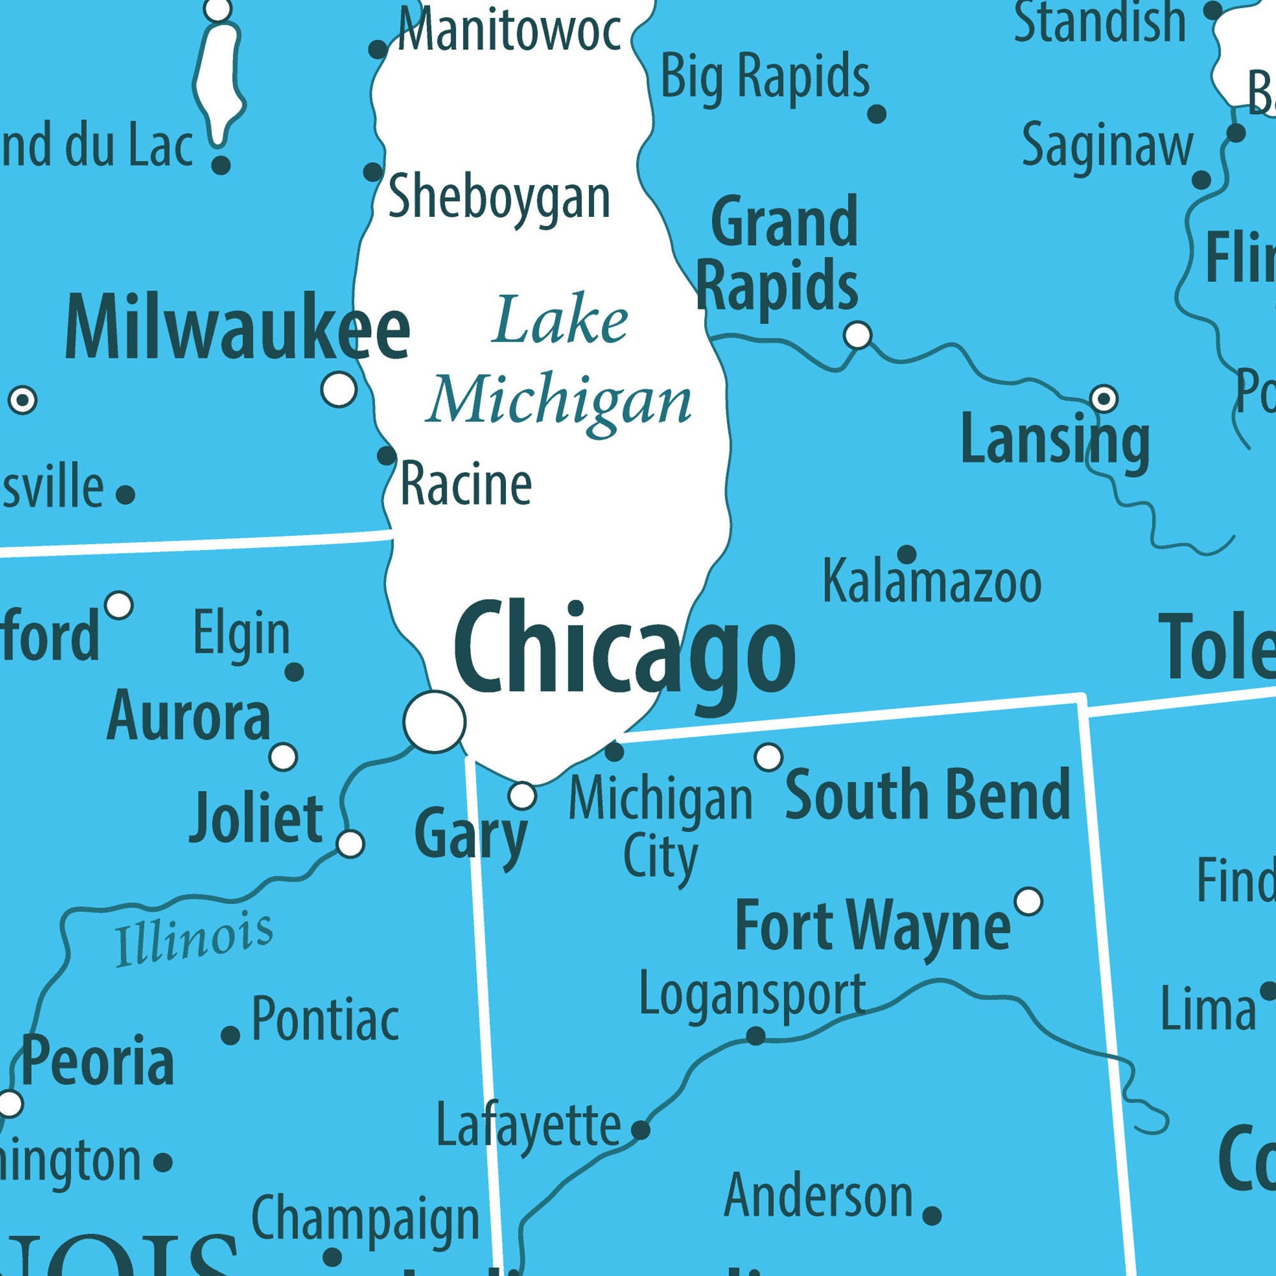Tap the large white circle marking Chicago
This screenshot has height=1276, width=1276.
(434, 721)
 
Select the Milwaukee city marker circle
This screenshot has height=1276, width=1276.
(339, 389)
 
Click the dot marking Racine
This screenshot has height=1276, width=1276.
(387, 455)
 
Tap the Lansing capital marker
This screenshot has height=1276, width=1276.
(1104, 398)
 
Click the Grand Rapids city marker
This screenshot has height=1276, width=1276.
(858, 335)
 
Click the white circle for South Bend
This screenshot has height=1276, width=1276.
(768, 757)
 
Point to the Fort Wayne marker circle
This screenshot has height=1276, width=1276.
(1028, 901)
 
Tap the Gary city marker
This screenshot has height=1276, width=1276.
(523, 796)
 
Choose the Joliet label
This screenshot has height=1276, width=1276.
(256, 819)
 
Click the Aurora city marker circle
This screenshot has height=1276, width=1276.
(283, 757)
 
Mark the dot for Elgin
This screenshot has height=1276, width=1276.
(294, 672)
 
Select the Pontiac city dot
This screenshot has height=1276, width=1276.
(230, 1035)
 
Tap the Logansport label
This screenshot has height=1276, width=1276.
(752, 994)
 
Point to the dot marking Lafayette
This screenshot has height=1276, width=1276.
(641, 1130)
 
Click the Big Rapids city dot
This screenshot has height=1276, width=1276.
(877, 114)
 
